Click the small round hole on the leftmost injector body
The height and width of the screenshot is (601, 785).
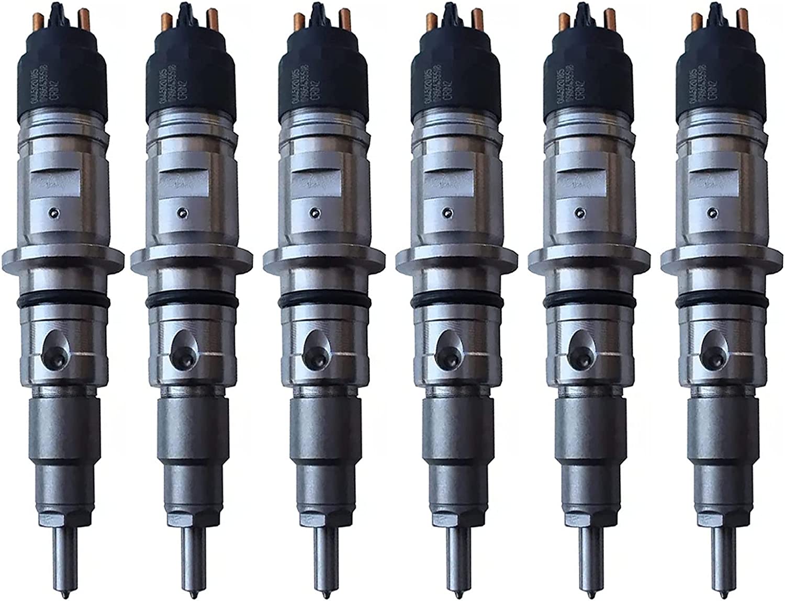[52, 212]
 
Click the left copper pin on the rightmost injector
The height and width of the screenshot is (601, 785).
[696, 21]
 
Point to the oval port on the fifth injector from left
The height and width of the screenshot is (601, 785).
[579, 346]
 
